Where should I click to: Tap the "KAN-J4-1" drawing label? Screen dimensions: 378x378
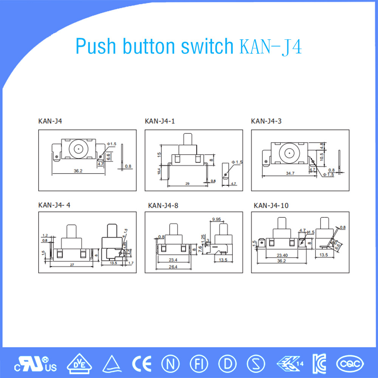click(160, 121)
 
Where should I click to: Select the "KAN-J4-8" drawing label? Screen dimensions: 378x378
click(163, 206)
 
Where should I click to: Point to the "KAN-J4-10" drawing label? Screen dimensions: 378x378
click(271, 206)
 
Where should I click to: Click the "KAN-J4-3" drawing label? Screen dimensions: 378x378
click(266, 121)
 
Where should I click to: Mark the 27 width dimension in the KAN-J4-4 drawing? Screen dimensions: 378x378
click(72, 265)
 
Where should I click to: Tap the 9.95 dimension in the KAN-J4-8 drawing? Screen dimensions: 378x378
click(217, 219)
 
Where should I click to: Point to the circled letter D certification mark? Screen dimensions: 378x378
click(227, 364)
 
